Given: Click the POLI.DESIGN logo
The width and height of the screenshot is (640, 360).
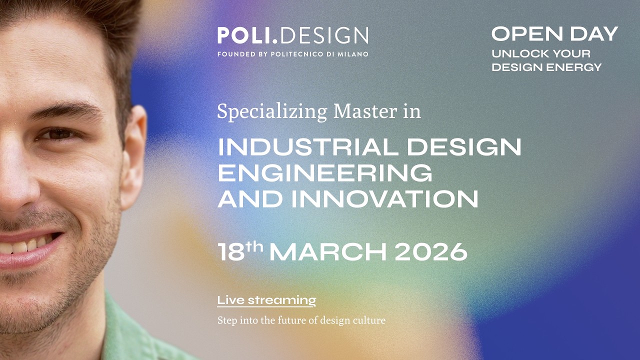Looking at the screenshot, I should pos(292,35).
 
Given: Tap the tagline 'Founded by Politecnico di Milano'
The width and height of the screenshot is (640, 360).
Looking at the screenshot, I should pos(292,54).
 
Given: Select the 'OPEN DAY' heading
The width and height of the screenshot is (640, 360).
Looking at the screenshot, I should pos(554,34).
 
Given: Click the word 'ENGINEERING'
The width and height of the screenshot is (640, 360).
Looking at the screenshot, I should pos(325,173).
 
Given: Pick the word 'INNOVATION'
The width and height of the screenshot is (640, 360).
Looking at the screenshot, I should pos(384,199).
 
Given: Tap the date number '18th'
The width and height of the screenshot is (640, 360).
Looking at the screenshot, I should pos(239,251).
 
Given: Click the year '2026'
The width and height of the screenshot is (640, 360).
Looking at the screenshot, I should pos(430,252).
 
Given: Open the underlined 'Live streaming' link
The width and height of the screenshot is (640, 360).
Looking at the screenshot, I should pos(266,300).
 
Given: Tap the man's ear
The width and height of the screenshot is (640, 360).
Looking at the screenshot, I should pos(133,155).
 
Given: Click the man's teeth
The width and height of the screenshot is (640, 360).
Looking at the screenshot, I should pos(27,245).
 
